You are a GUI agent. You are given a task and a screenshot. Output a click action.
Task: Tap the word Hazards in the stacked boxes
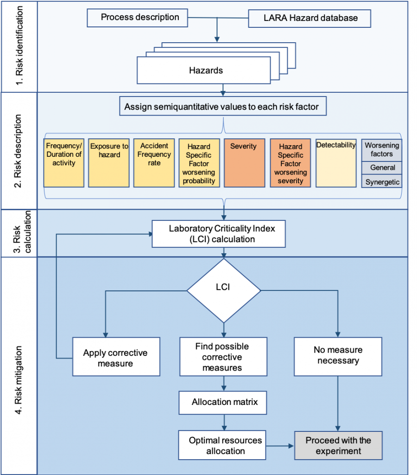pyautogui.click(x=206, y=71)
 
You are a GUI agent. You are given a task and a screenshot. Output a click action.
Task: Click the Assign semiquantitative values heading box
pyautogui.click(x=221, y=107)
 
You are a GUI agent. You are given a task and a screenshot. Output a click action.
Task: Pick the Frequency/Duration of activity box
pyautogui.click(x=64, y=162)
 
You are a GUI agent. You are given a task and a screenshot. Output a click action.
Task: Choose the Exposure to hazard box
pyautogui.click(x=109, y=162)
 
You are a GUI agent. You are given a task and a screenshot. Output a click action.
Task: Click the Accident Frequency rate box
pyautogui.click(x=154, y=162)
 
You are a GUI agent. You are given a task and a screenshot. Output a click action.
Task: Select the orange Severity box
pyautogui.click(x=244, y=162)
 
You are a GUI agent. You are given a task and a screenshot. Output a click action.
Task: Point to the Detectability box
pyautogui.click(x=336, y=162)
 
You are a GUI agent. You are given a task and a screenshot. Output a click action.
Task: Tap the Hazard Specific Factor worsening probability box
pyautogui.click(x=199, y=162)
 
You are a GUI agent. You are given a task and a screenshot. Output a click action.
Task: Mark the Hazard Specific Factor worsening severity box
pyautogui.click(x=290, y=162)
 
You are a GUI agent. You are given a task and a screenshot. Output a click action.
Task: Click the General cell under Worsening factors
pyautogui.click(x=382, y=167)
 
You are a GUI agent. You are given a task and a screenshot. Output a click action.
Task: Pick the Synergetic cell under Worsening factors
pyautogui.click(x=382, y=182)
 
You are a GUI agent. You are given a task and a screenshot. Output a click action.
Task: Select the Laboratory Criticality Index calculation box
pyautogui.click(x=219, y=233)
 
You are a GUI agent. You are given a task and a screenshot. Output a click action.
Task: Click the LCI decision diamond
pyautogui.click(x=224, y=289)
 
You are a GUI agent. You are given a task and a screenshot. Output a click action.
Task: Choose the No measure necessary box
pyautogui.click(x=338, y=356)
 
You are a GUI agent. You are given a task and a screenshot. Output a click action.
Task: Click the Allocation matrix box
pyautogui.click(x=224, y=402)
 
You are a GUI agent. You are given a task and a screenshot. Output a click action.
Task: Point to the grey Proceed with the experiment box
pyautogui.click(x=338, y=445)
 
